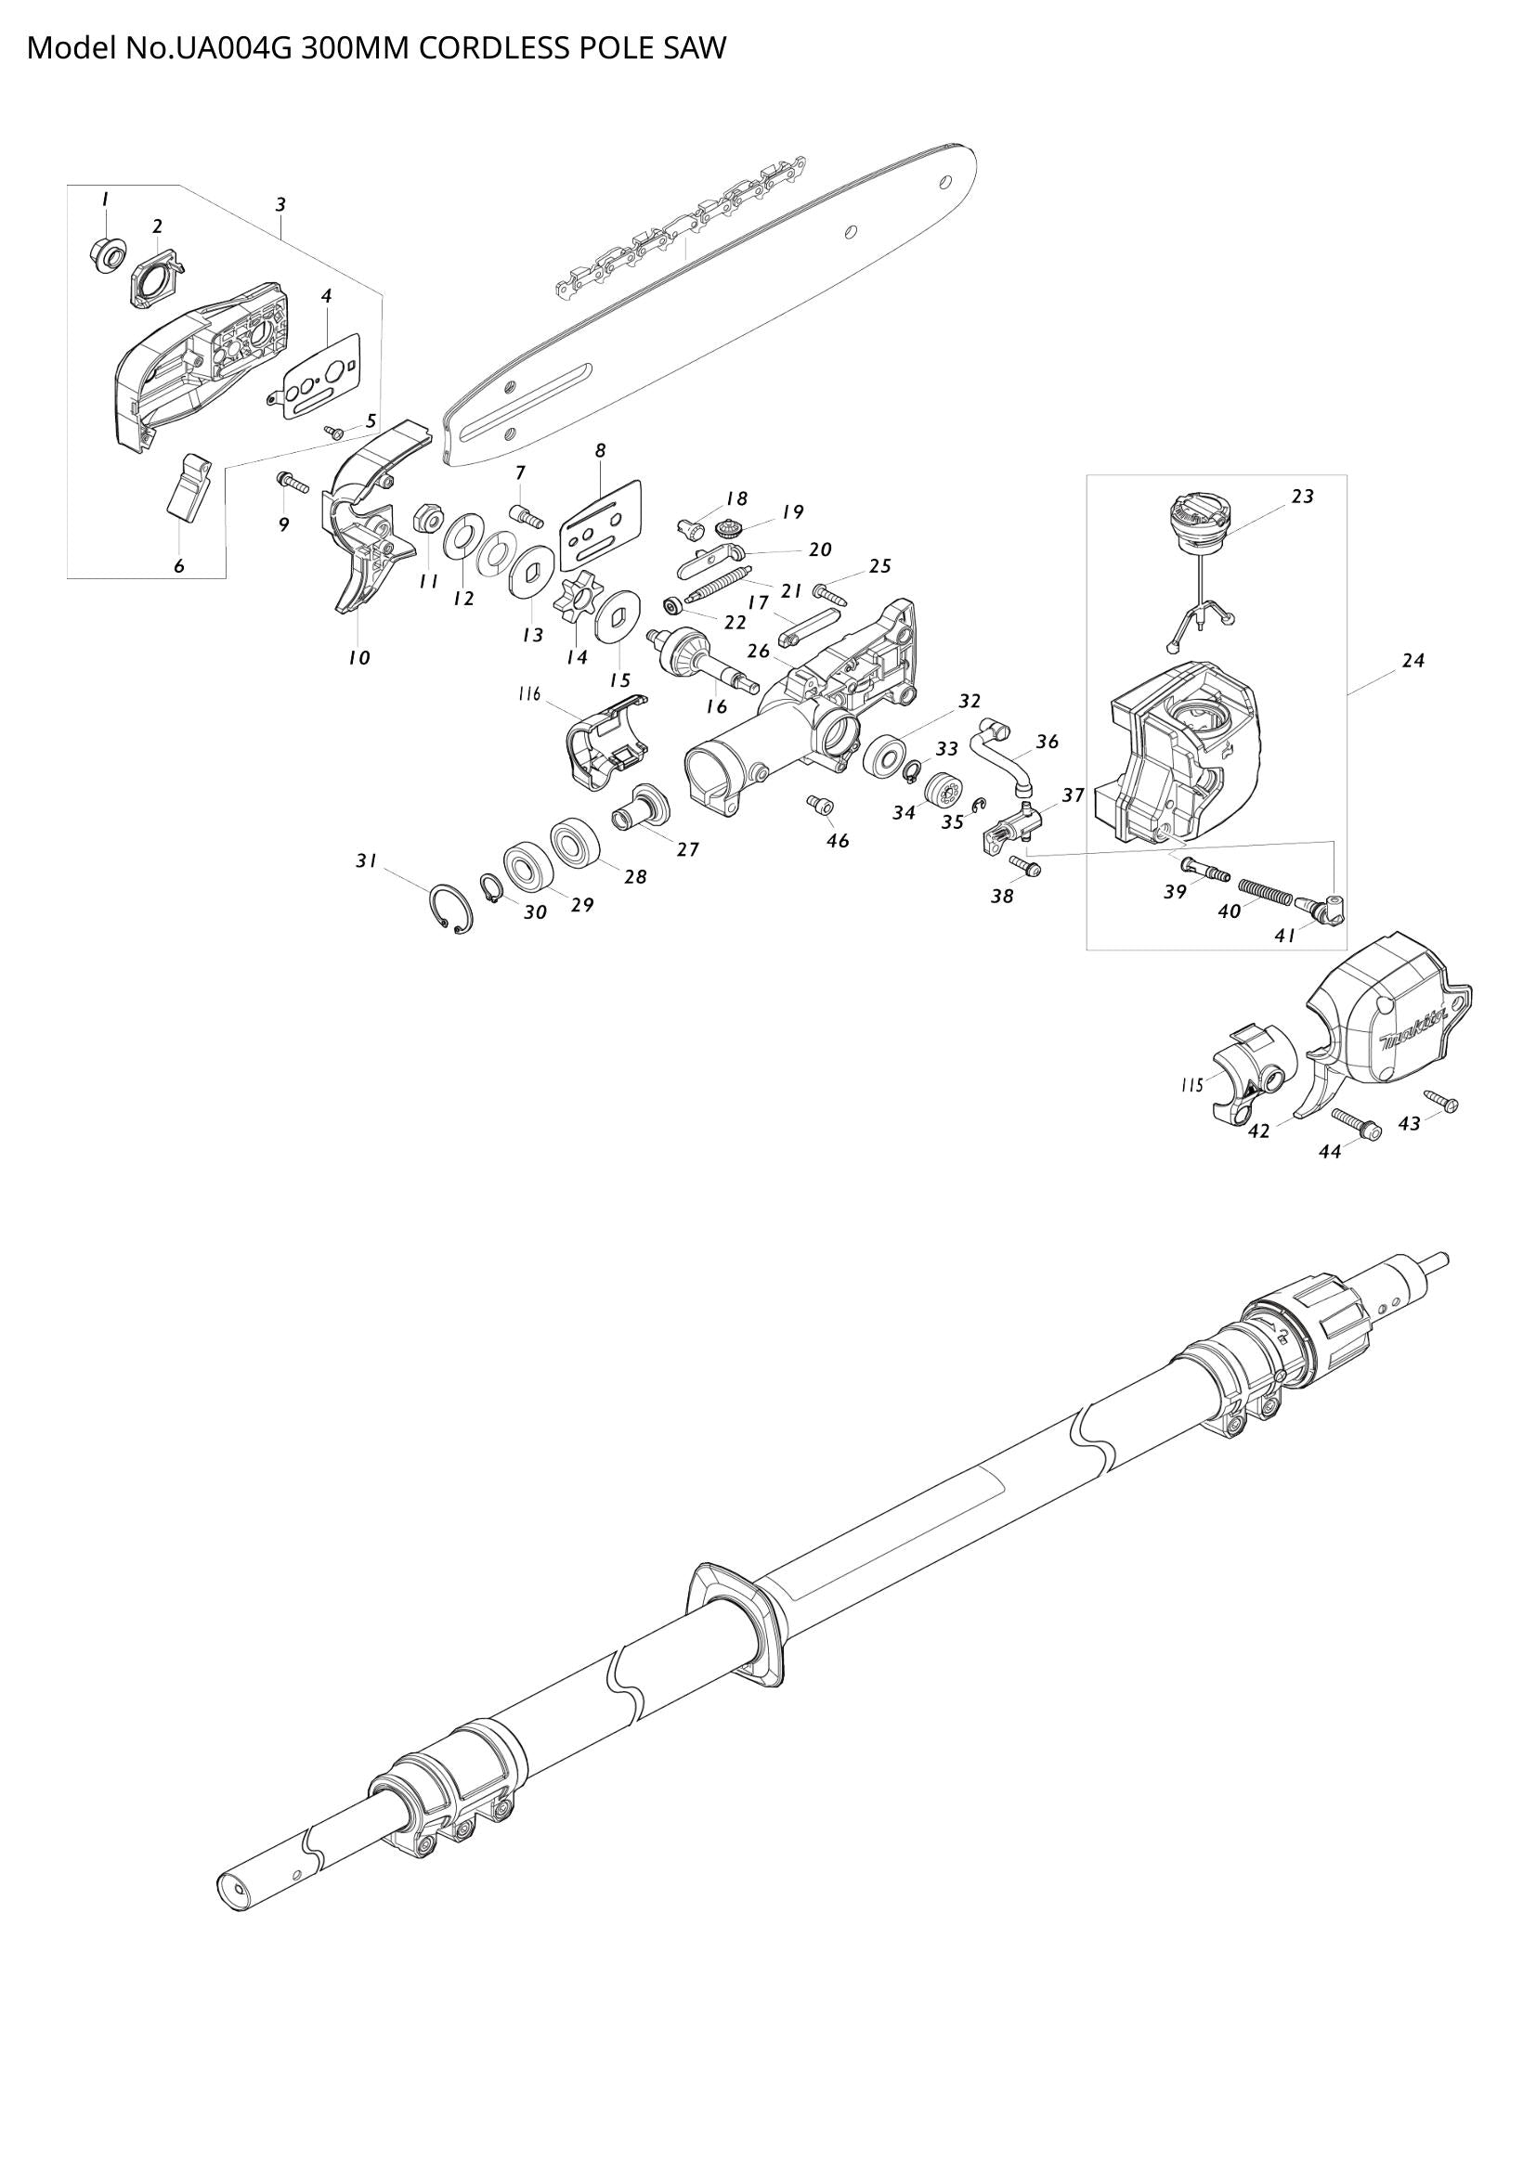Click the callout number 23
[x=1302, y=497]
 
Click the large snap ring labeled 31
[x=450, y=910]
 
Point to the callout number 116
[x=528, y=695]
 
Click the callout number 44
[x=1330, y=1152]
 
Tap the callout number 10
[x=358, y=658]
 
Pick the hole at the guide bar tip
[x=944, y=181]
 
